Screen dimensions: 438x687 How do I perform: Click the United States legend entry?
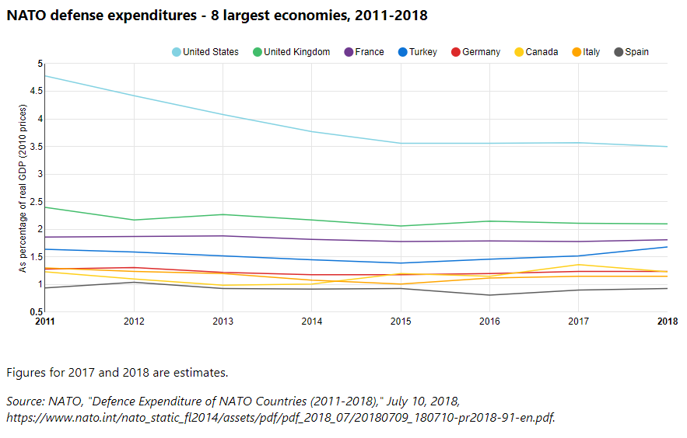(206, 52)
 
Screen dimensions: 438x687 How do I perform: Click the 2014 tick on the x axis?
(312, 320)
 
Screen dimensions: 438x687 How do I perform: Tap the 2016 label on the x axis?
(489, 320)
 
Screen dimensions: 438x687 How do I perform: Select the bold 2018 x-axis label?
(667, 320)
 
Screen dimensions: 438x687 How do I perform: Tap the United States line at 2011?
(46, 75)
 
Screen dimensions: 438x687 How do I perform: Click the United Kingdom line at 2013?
(223, 214)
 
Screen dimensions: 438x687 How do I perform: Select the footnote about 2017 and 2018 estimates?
(117, 373)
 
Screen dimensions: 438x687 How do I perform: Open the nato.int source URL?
(281, 418)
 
